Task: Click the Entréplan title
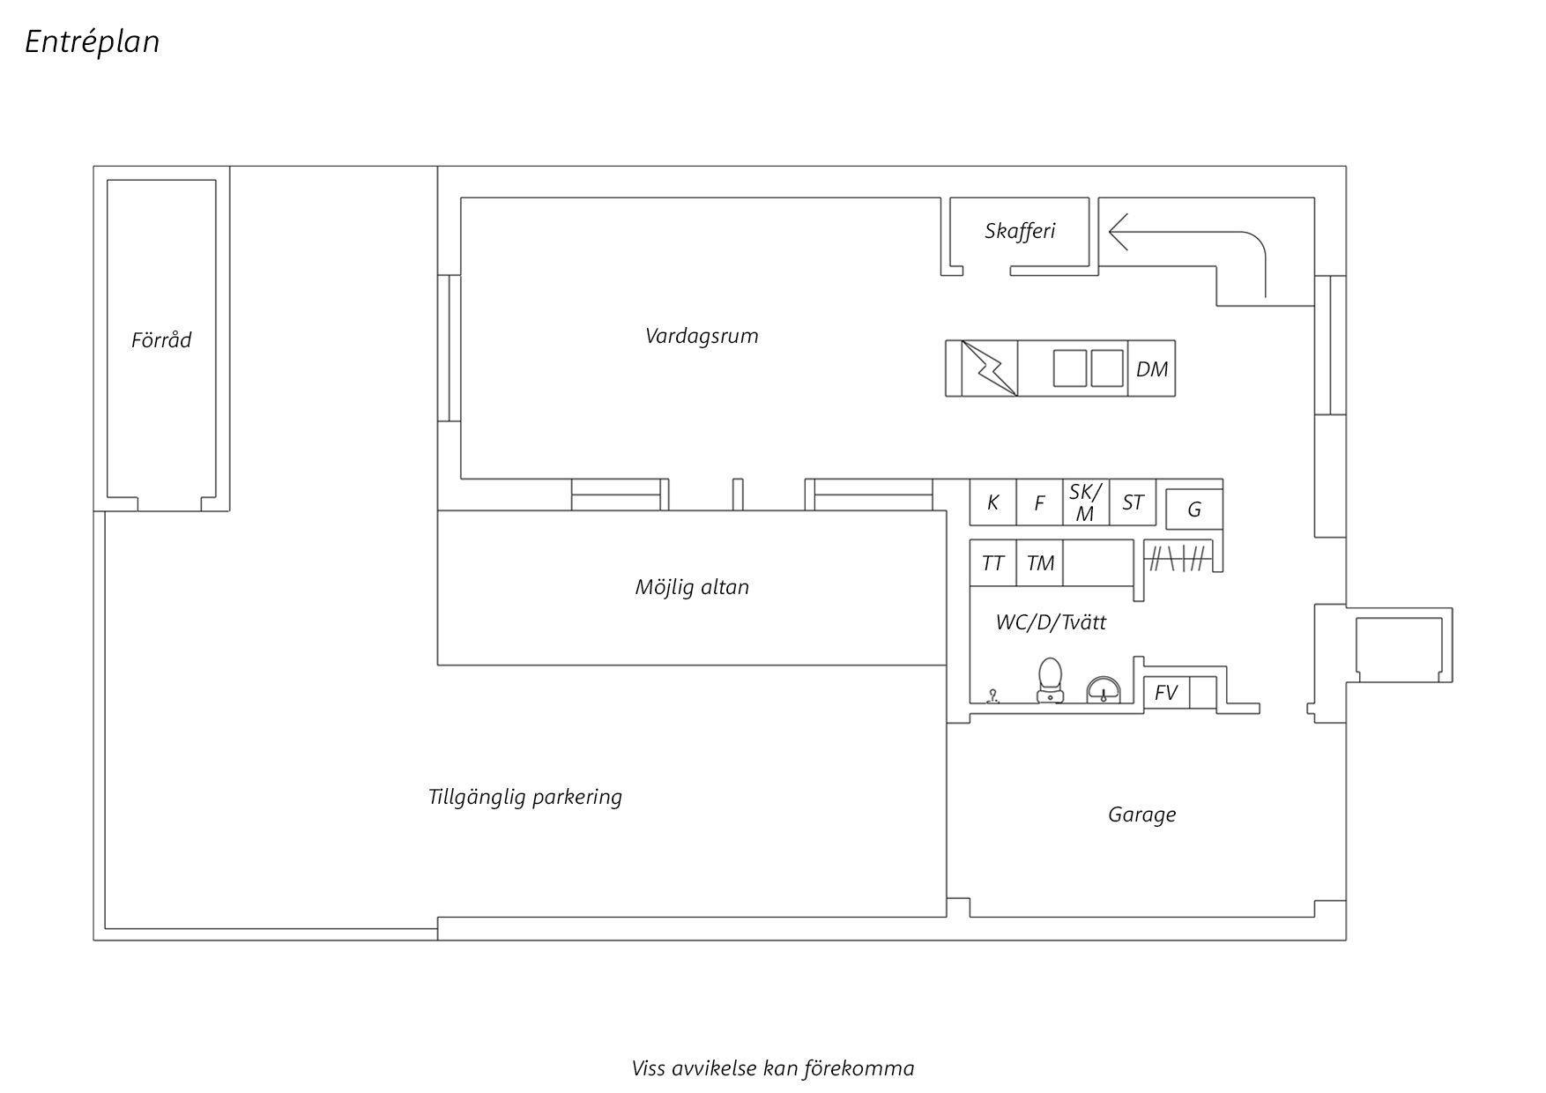(x=92, y=41)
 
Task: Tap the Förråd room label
(x=161, y=339)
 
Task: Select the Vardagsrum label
(x=702, y=336)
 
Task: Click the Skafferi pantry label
(x=1020, y=231)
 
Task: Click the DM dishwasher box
(x=1152, y=368)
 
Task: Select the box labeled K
(x=993, y=502)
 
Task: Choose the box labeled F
(x=1040, y=502)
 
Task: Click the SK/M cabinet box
(x=1086, y=502)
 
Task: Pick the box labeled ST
(x=1133, y=502)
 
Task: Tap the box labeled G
(x=1194, y=509)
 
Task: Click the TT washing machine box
(x=993, y=562)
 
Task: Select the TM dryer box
(x=1040, y=562)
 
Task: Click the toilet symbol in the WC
(x=1050, y=680)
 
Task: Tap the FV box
(x=1167, y=693)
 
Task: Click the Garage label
(x=1141, y=814)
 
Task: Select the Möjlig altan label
(x=692, y=587)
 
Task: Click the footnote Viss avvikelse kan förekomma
(x=773, y=1068)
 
